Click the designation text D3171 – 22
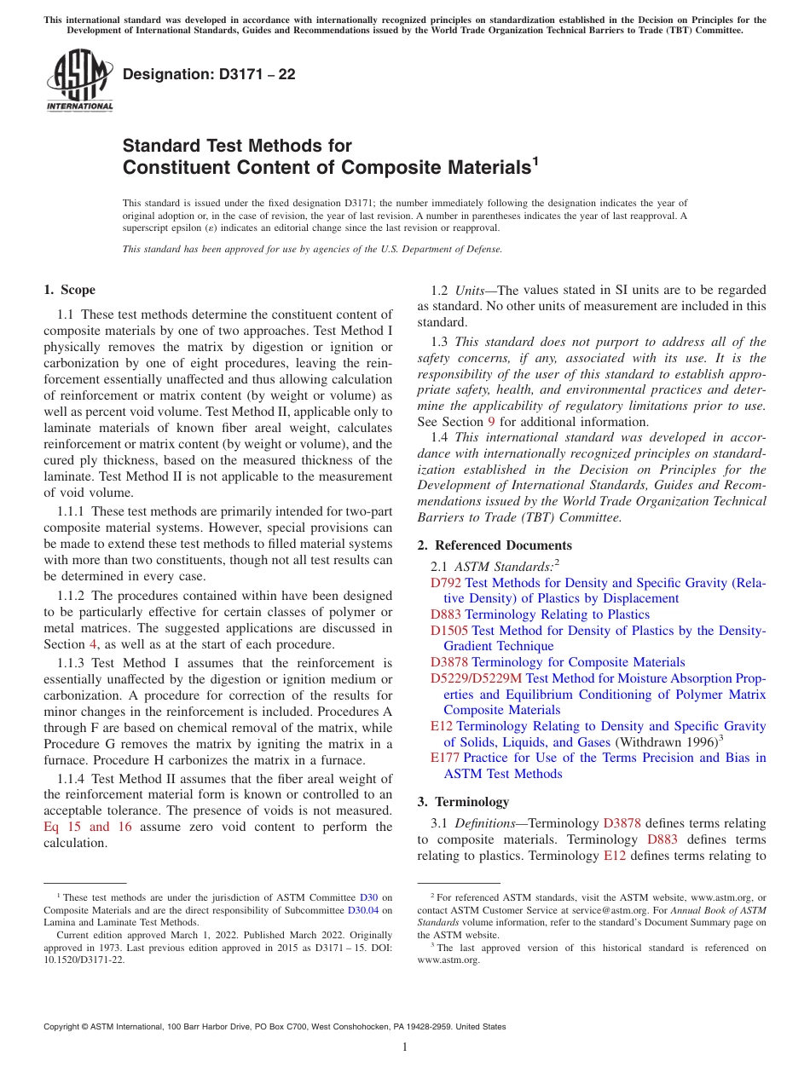pyautogui.click(x=209, y=74)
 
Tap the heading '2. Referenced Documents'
pyautogui.click(x=495, y=545)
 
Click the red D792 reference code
pyautogui.click(x=446, y=583)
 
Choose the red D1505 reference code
pyautogui.click(x=449, y=631)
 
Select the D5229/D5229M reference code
pyautogui.click(x=476, y=678)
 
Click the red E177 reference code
pyautogui.click(x=445, y=758)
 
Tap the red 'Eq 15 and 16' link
pyautogui.click(x=88, y=827)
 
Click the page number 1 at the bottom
pyautogui.click(x=405, y=1047)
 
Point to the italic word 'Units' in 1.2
pyautogui.click(x=471, y=291)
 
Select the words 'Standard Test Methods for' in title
pyautogui.click(x=237, y=146)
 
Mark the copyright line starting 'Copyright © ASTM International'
pyautogui.click(x=274, y=1027)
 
